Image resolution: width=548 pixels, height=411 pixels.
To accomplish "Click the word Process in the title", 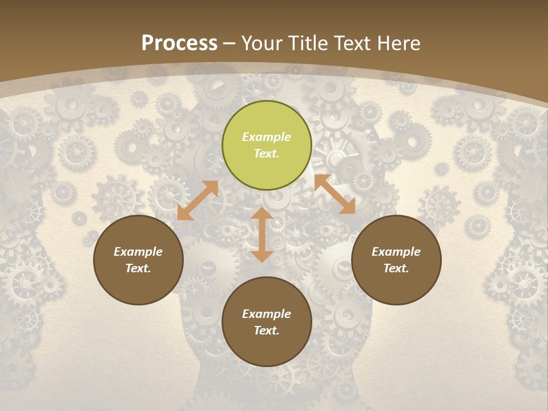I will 179,43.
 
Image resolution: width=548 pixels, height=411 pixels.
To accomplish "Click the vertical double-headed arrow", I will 262,235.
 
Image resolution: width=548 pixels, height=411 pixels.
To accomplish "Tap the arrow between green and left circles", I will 198,200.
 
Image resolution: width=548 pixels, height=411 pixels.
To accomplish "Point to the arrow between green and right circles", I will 335,194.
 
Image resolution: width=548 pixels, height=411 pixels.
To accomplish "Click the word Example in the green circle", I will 267,137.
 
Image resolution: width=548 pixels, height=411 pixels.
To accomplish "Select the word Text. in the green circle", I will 267,154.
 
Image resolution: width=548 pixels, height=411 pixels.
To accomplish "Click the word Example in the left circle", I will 138,252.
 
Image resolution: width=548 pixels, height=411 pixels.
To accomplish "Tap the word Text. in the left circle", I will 138,268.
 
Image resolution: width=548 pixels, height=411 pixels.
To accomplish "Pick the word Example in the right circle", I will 396,252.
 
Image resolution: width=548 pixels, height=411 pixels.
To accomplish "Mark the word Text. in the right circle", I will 396,268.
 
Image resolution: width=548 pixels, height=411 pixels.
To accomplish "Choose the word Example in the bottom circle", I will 267,314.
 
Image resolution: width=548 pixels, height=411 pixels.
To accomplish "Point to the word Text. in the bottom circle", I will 267,331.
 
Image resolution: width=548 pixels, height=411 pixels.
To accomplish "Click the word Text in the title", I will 352,43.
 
